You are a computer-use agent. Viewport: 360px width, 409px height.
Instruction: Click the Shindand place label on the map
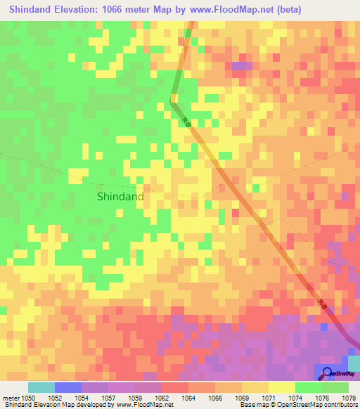tap(120, 197)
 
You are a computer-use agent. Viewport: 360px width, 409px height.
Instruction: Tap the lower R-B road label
tap(321, 304)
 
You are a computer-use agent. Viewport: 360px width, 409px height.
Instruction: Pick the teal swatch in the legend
tap(41, 387)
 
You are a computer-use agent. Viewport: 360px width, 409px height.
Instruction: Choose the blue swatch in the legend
tap(68, 387)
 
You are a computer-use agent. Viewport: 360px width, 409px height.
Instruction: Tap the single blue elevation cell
tap(323, 327)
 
